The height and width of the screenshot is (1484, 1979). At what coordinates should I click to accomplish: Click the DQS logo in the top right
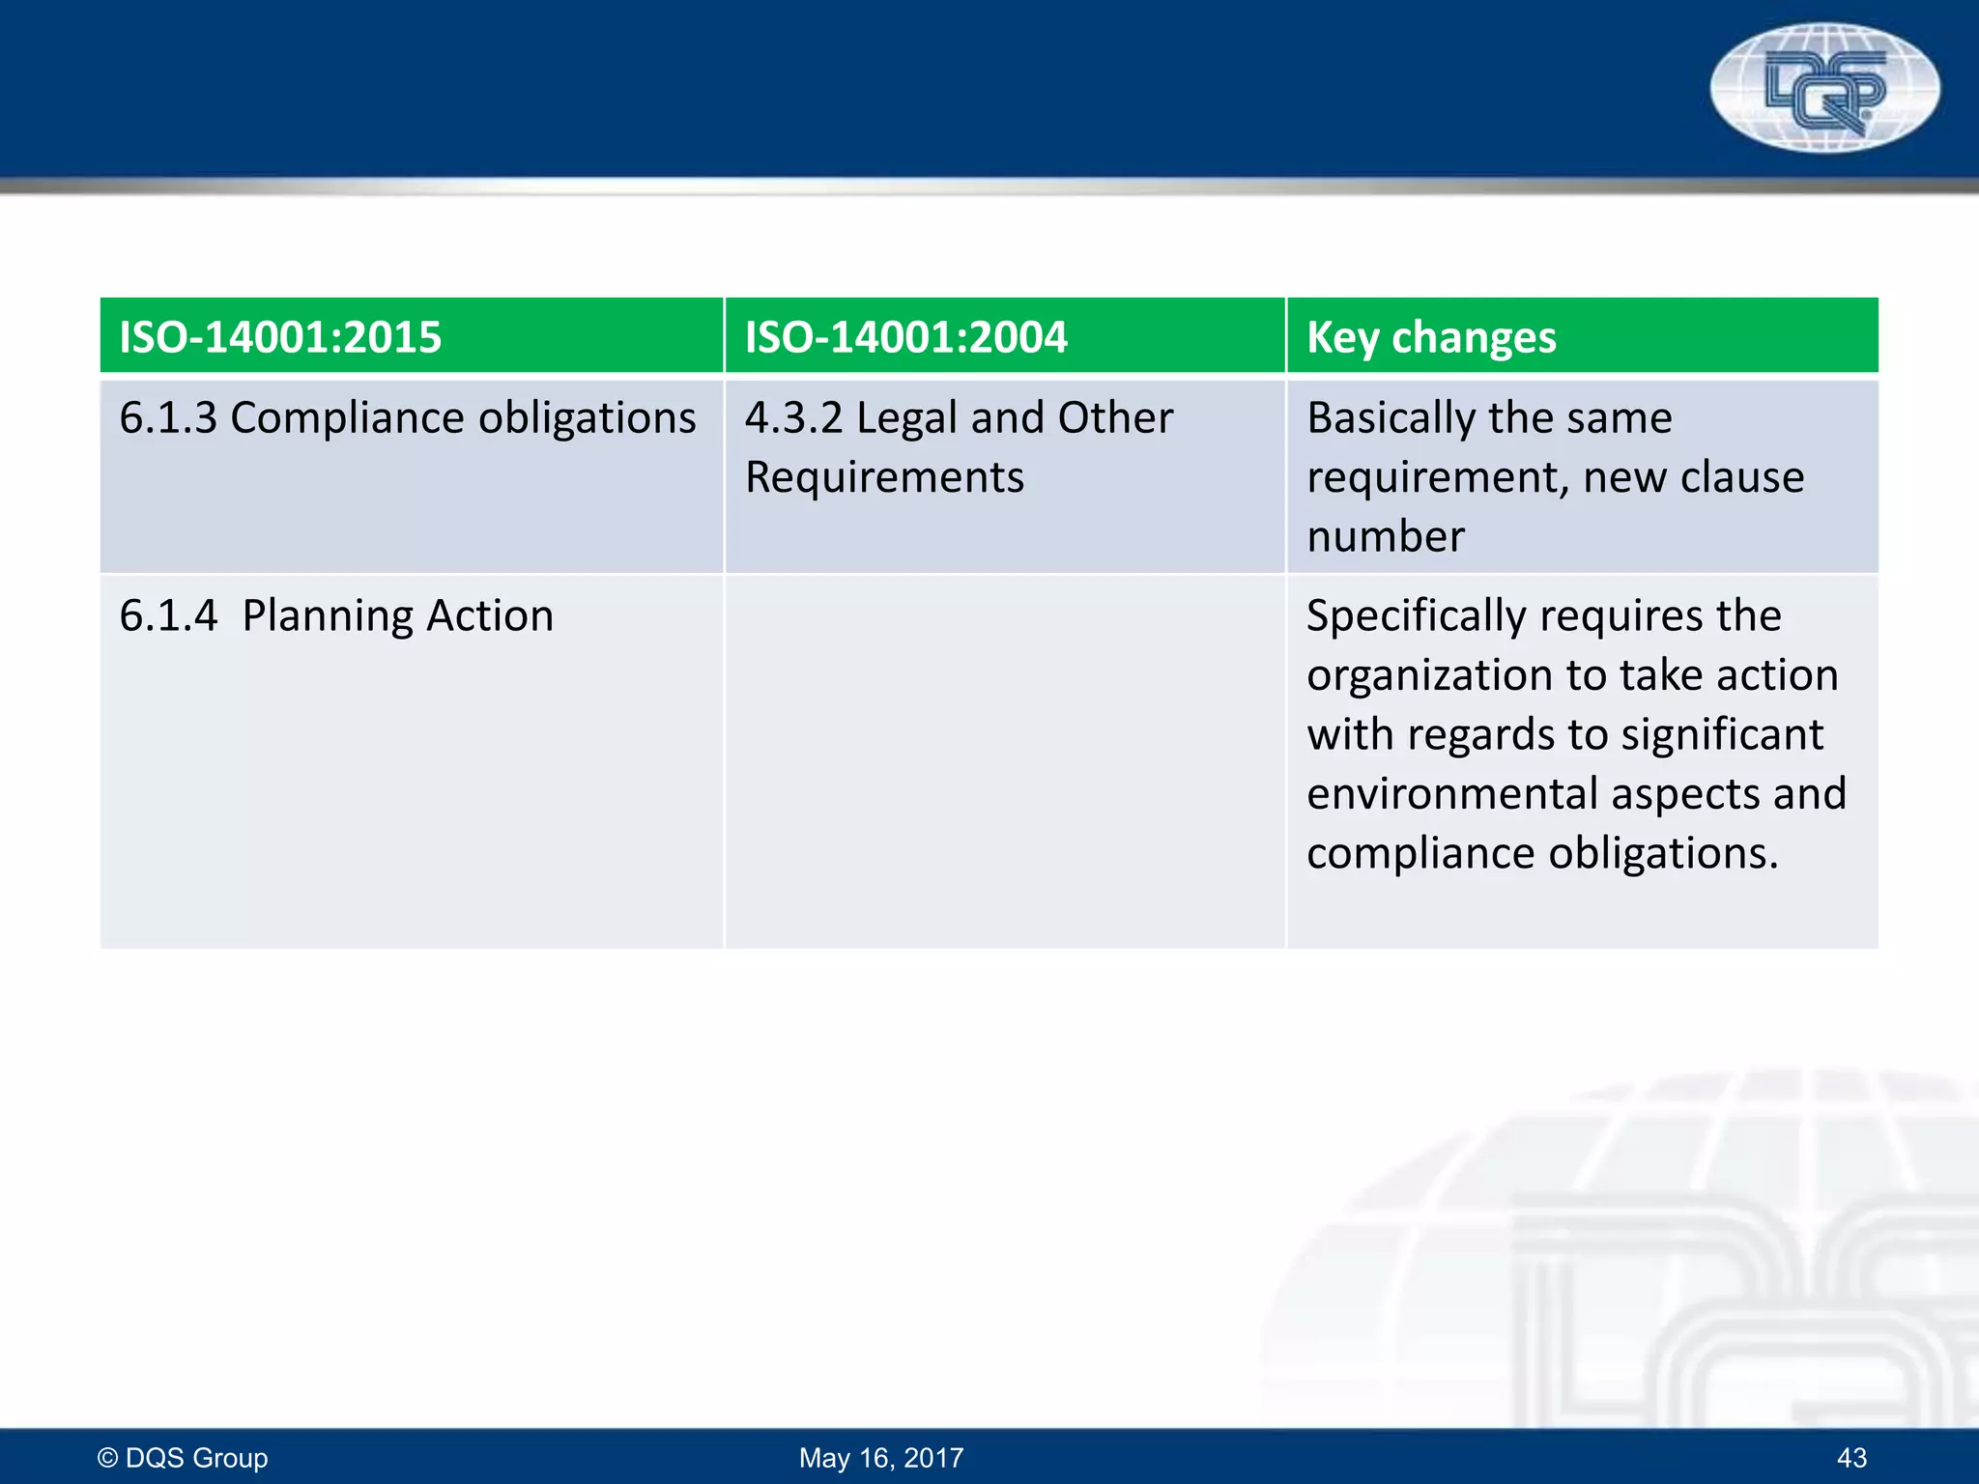click(x=1824, y=88)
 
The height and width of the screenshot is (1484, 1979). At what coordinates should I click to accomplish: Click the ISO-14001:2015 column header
click(x=280, y=337)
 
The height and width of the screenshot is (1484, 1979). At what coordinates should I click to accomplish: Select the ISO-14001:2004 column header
click(x=905, y=337)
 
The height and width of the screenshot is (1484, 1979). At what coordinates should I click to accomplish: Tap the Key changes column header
click(x=1431, y=337)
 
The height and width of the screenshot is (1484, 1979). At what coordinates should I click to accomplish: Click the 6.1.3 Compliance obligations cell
click(x=407, y=418)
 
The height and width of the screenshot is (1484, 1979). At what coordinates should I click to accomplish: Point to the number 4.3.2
click(x=793, y=418)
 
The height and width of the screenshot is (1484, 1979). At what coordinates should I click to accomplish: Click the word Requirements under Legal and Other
click(x=884, y=477)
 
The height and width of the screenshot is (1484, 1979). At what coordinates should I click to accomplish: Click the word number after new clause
click(x=1386, y=536)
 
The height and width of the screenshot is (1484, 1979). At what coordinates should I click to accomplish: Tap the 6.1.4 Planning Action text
click(x=336, y=615)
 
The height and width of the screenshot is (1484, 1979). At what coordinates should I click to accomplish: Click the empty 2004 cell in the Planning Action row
click(x=1004, y=760)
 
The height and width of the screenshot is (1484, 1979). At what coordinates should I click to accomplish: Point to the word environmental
click(x=1452, y=794)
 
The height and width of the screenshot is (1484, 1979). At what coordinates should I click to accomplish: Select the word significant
click(x=1722, y=734)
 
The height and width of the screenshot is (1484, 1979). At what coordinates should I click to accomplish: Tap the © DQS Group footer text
click(x=183, y=1457)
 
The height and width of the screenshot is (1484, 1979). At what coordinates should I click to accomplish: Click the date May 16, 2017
click(x=881, y=1457)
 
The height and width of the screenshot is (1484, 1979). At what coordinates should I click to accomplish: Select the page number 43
click(x=1851, y=1457)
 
